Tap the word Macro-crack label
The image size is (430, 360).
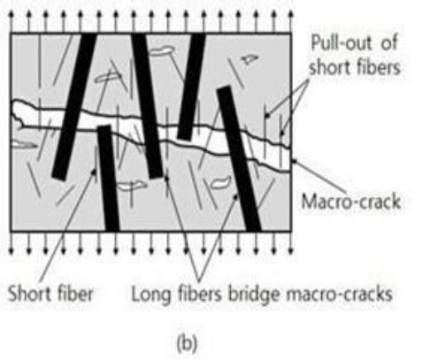[x=350, y=202]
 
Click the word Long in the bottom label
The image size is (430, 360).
[x=151, y=295]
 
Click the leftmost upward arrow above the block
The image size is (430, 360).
[x=12, y=21]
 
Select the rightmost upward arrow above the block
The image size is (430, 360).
[x=291, y=21]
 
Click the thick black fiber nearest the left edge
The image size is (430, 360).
[x=74, y=106]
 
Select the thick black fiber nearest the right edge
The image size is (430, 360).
[x=239, y=158]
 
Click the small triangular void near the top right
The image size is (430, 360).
[x=250, y=59]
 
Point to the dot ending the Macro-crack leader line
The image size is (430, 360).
[x=294, y=161]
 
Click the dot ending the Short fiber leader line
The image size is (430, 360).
[x=94, y=171]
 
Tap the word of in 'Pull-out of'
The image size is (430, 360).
[x=389, y=42]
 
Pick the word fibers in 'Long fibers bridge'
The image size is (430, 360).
[x=200, y=294]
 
